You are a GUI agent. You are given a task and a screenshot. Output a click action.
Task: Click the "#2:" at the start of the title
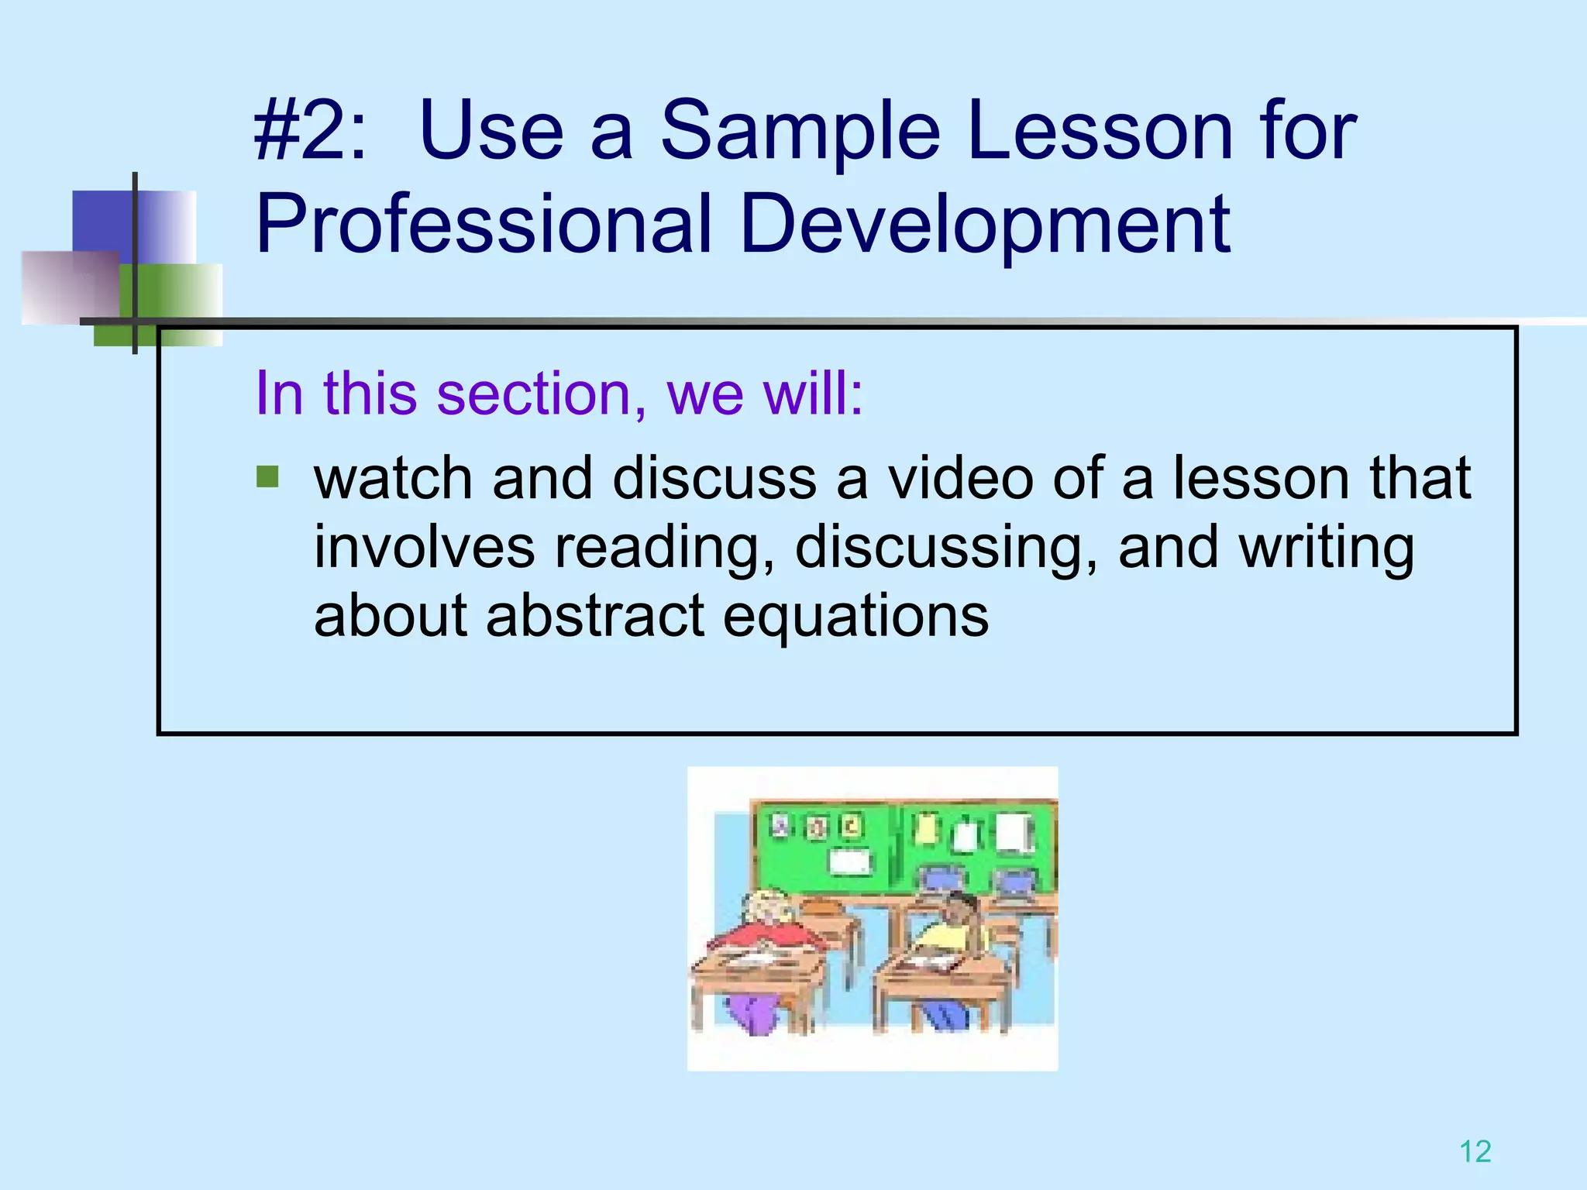click(x=310, y=132)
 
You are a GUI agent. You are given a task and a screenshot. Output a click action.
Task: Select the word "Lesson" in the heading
click(x=1100, y=132)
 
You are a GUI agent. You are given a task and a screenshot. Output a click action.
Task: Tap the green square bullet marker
click(x=267, y=476)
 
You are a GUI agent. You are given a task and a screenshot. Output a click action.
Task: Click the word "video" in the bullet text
click(x=961, y=478)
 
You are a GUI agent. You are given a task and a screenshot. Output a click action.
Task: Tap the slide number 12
click(x=1475, y=1152)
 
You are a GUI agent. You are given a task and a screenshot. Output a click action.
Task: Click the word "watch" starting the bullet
click(x=393, y=478)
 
